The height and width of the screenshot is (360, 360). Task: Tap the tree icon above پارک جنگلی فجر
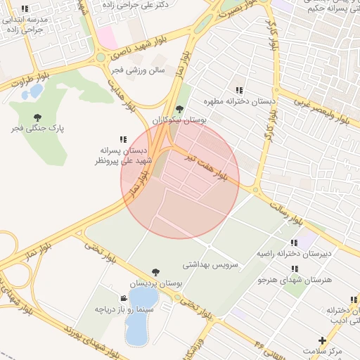tap(37, 117)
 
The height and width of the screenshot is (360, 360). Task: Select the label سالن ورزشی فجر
tap(138, 70)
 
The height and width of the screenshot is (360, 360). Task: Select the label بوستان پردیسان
tap(155, 283)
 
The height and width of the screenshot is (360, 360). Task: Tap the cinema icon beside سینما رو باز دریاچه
tap(124, 299)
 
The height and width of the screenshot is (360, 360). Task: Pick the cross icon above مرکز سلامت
tap(322, 340)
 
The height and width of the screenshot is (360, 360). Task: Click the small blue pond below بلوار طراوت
tap(33, 91)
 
